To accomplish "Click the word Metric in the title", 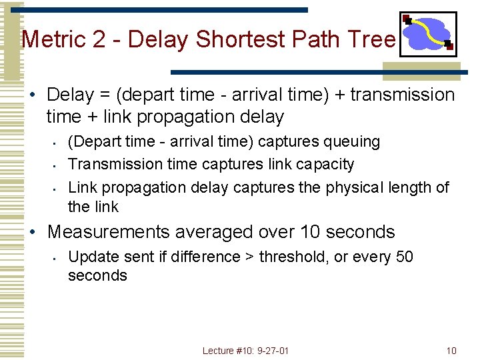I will (53, 40).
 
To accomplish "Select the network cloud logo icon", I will (427, 33).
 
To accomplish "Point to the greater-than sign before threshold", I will (251, 257).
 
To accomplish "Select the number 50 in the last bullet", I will (404, 257).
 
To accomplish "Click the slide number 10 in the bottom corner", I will (451, 351).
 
